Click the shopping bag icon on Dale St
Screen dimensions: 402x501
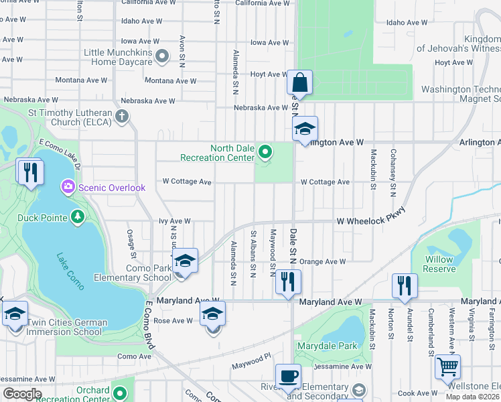pyautogui.click(x=300, y=84)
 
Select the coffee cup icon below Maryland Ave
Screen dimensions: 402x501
pyautogui.click(x=288, y=377)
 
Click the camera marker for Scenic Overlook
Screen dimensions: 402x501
pyautogui.click(x=68, y=187)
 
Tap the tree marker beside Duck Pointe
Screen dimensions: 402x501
pyautogui.click(x=78, y=217)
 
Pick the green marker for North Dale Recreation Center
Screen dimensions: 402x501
pyautogui.click(x=265, y=152)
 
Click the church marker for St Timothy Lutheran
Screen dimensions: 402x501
pyautogui.click(x=121, y=117)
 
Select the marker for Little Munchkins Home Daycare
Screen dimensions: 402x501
pyautogui.click(x=161, y=56)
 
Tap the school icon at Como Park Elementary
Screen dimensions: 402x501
pyautogui.click(x=185, y=261)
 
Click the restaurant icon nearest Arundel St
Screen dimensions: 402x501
pyautogui.click(x=405, y=284)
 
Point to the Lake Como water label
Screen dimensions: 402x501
pyautogui.click(x=70, y=270)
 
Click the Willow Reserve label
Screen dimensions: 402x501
pyautogui.click(x=439, y=264)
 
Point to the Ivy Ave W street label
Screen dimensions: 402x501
pyautogui.click(x=174, y=220)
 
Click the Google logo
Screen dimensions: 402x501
pyautogui.click(x=22, y=394)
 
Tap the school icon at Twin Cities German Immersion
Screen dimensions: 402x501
pyautogui.click(x=15, y=314)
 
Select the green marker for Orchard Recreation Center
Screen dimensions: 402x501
pyautogui.click(x=121, y=393)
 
